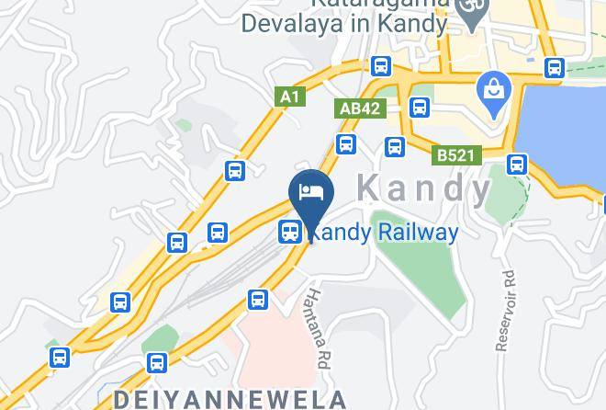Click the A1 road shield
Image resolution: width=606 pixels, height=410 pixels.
point(290,96)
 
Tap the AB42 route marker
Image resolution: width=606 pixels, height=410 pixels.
point(359,108)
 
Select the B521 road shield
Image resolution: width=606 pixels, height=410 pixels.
point(454,155)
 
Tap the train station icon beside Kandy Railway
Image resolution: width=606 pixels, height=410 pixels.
point(290,233)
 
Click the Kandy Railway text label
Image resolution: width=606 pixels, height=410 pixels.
point(382,233)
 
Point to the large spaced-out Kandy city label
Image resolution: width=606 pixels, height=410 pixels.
point(423,188)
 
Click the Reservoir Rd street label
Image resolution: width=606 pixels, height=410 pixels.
point(504,311)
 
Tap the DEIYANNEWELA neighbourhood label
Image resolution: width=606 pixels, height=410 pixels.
point(230,399)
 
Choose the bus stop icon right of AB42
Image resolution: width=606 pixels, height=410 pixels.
point(420,108)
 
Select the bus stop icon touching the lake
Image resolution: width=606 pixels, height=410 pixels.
point(518,165)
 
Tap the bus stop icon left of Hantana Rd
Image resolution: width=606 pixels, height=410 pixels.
point(258,299)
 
